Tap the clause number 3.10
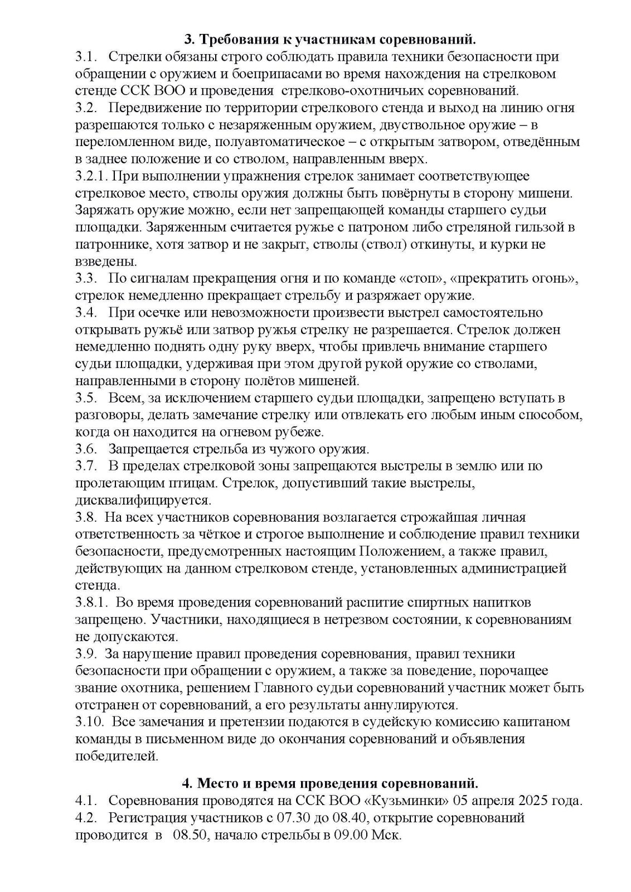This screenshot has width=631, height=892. coord(89,721)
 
